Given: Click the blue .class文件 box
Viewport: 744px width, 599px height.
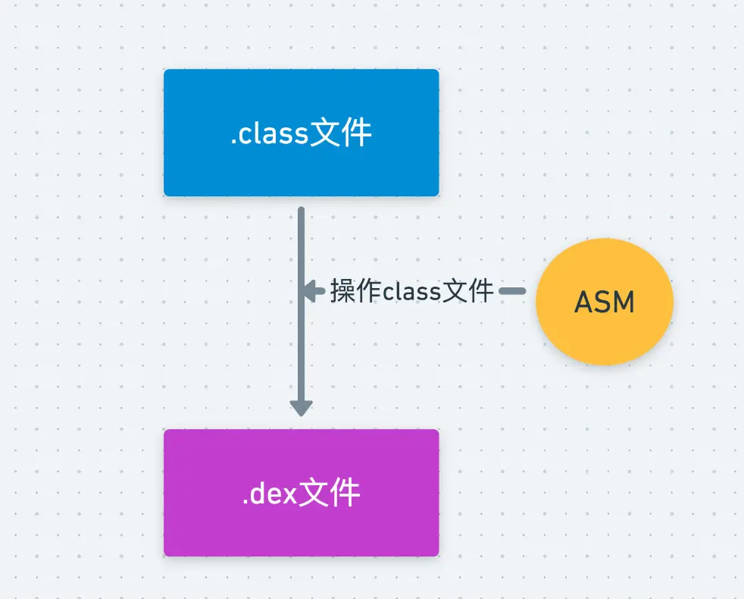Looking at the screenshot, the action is tap(302, 133).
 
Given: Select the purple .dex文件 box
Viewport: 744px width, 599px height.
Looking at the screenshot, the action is tap(302, 493).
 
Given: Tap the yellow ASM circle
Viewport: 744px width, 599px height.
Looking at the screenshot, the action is tap(605, 302).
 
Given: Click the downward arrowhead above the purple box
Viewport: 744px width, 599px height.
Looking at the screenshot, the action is tap(302, 409).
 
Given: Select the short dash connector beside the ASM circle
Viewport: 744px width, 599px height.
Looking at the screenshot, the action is tap(512, 290).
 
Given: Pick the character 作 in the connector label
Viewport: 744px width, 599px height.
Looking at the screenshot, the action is tap(368, 290).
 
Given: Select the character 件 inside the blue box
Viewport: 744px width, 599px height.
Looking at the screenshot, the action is tap(356, 133).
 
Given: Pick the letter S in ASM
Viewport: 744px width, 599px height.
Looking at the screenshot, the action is tap(604, 302).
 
